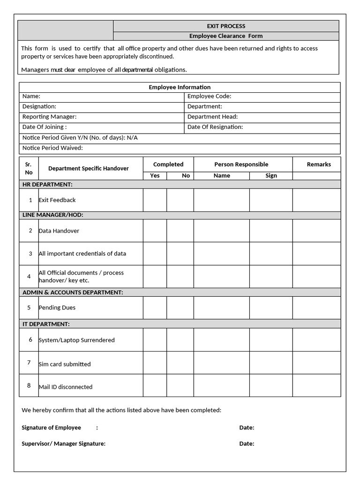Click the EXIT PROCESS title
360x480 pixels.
[226, 26]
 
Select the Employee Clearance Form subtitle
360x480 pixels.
[226, 36]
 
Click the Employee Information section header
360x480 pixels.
[180, 87]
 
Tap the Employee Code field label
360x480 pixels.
[209, 97]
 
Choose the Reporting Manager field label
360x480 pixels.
[49, 117]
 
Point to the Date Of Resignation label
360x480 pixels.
[215, 127]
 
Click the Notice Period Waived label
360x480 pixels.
[52, 148]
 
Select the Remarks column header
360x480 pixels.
[319, 165]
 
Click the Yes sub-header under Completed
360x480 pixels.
[155, 176]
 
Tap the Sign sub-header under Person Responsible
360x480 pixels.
[271, 176]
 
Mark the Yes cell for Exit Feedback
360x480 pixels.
[155, 200]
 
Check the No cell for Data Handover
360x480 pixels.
[180, 231]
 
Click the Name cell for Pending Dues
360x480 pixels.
[221, 307]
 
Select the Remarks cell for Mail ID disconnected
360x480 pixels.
[316, 385]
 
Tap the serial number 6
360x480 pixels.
[30, 339]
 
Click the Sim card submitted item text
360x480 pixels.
[65, 364]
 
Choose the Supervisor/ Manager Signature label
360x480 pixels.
[63, 444]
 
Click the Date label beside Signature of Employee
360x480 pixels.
[247, 428]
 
